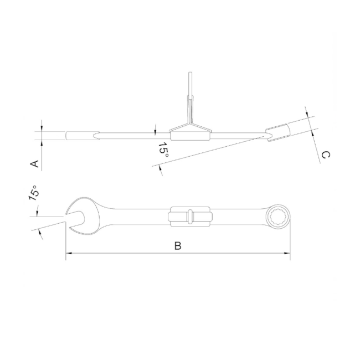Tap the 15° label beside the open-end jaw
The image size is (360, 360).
pyautogui.click(x=33, y=193)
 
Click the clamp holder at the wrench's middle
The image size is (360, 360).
pyautogui.click(x=190, y=216)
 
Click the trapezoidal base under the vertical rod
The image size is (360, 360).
pyautogui.click(x=190, y=131)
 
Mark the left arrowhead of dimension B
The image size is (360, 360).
pyautogui.click(x=69, y=255)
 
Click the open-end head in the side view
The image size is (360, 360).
pyautogui.click(x=80, y=135)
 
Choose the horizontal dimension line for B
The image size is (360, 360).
pyautogui.click(x=178, y=255)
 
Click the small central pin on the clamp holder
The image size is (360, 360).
pyautogui.click(x=190, y=216)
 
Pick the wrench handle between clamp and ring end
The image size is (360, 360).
pyautogui.click(x=238, y=215)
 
